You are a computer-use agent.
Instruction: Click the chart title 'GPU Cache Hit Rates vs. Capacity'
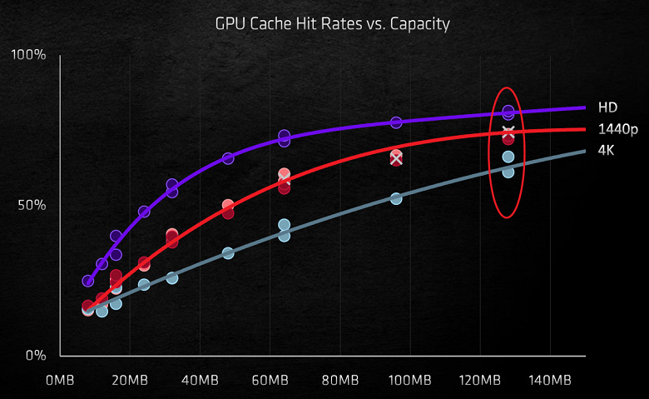pyautogui.click(x=332, y=23)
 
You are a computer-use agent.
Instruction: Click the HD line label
pyautogui.click(x=607, y=107)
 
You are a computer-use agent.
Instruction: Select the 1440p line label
pyautogui.click(x=617, y=129)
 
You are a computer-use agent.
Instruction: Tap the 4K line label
pyautogui.click(x=607, y=150)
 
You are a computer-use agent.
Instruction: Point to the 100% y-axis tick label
pyautogui.click(x=28, y=55)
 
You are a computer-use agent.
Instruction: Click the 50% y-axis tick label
pyautogui.click(x=32, y=205)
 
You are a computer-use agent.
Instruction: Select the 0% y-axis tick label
pyautogui.click(x=35, y=356)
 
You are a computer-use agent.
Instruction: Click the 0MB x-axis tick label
pyautogui.click(x=61, y=381)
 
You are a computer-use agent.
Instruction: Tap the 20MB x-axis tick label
pyautogui.click(x=128, y=381)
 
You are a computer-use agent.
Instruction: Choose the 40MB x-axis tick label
pyautogui.click(x=199, y=381)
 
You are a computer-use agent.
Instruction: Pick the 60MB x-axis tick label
pyautogui.click(x=269, y=381)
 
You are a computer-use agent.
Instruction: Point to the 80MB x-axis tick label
pyautogui.click(x=339, y=381)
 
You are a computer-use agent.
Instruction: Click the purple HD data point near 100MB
pyautogui.click(x=396, y=122)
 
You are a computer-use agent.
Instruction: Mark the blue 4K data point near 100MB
pyautogui.click(x=396, y=198)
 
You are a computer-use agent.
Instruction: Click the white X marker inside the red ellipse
pyautogui.click(x=508, y=132)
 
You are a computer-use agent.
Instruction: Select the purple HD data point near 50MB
pyautogui.click(x=228, y=158)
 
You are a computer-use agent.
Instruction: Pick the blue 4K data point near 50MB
pyautogui.click(x=228, y=252)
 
